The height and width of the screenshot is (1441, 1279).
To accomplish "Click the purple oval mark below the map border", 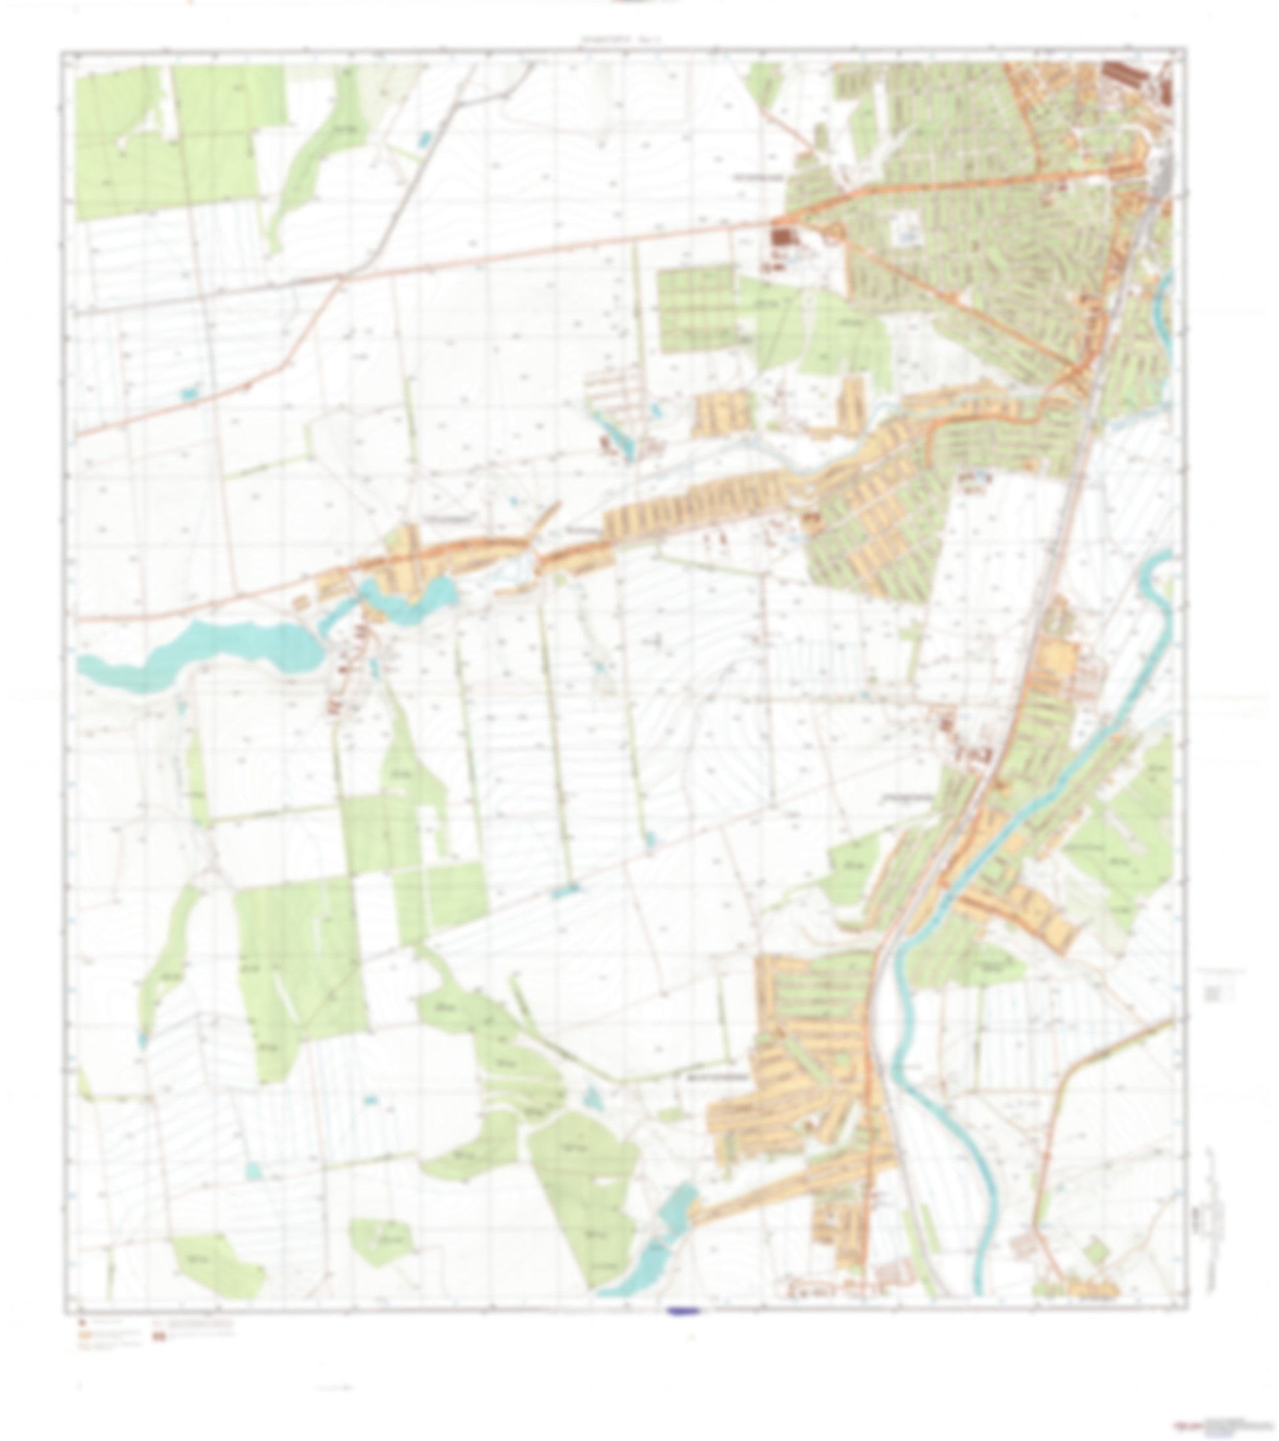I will (682, 1312).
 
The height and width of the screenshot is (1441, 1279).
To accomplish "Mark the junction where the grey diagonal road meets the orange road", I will (340, 279).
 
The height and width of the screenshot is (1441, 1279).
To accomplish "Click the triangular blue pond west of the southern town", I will (592, 1096).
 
